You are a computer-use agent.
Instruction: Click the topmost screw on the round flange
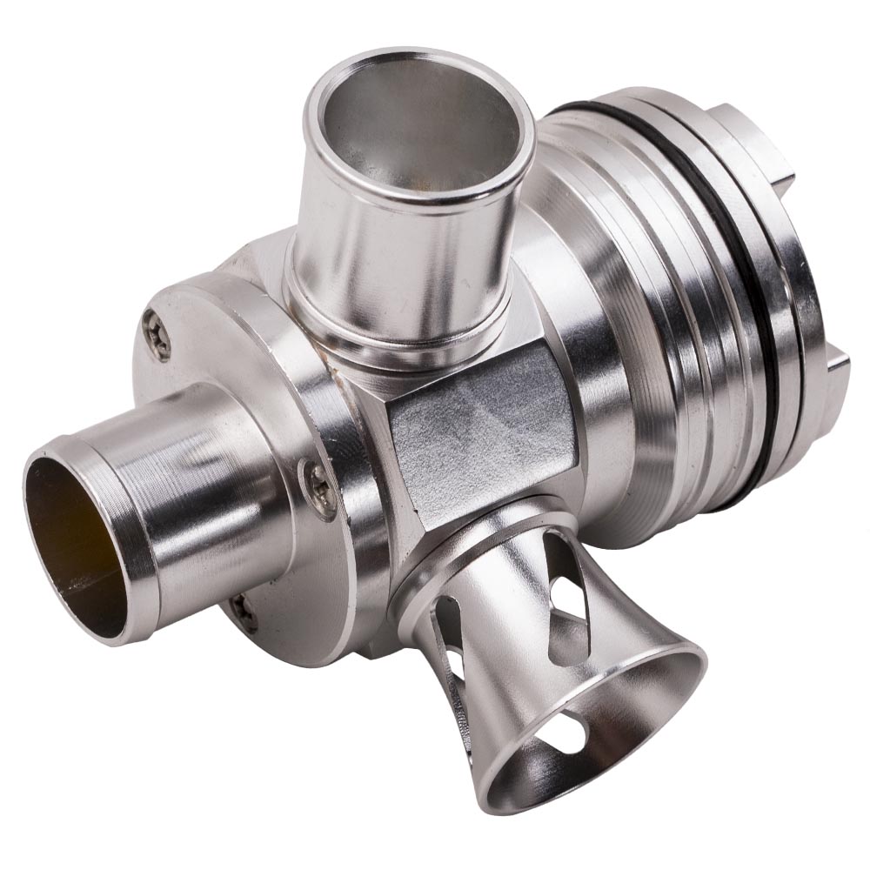coord(157,336)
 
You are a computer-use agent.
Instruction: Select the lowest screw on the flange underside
coord(243,612)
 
